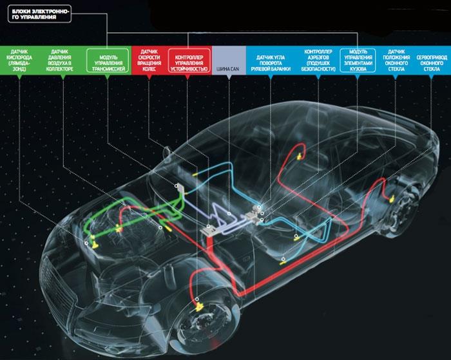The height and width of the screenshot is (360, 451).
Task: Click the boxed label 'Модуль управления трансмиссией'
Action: [x=107, y=62]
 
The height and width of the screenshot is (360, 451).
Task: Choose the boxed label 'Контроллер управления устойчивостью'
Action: [x=189, y=62]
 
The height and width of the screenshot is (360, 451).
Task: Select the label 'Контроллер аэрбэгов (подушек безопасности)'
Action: [x=317, y=62]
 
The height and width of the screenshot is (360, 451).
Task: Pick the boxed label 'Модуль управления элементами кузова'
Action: [x=358, y=62]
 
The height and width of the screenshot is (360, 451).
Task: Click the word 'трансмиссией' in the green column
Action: [x=107, y=68]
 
